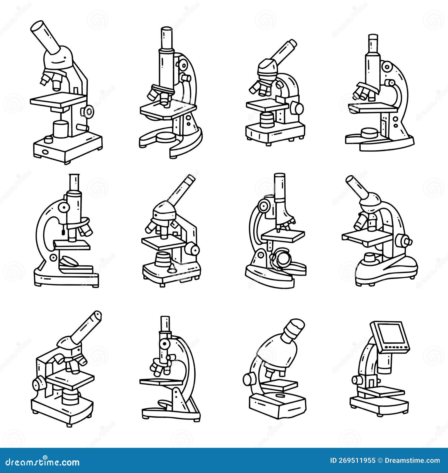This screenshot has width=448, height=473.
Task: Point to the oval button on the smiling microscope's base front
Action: pyautogui.click(x=45, y=151)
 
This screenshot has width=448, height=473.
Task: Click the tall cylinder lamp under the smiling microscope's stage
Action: pyautogui.click(x=60, y=129)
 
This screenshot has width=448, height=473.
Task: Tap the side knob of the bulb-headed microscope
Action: pyautogui.click(x=248, y=379)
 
